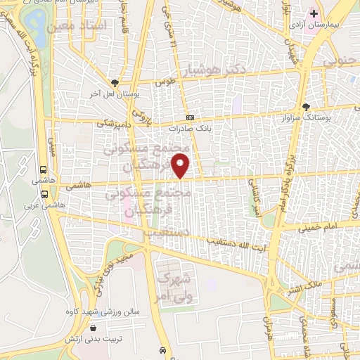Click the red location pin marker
[x=181, y=167]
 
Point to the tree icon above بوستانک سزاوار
[x=306, y=107]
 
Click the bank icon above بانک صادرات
[x=190, y=118]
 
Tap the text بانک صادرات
[x=190, y=129]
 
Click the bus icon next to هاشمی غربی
[x=44, y=194]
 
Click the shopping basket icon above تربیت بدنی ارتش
[x=94, y=328]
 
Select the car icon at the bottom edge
[x=162, y=350]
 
